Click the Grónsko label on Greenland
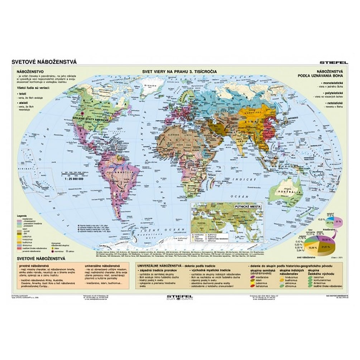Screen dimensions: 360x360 149,86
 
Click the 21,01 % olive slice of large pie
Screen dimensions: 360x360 315,247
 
